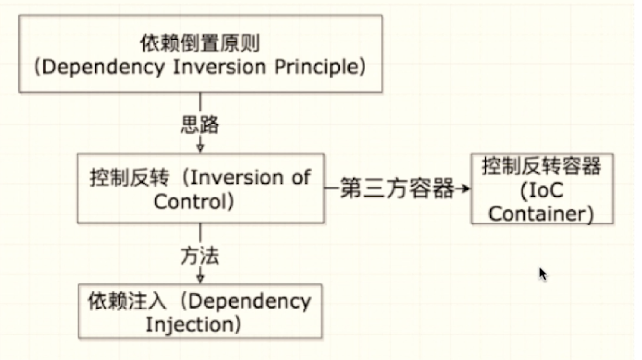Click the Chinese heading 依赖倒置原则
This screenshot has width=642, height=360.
point(200,43)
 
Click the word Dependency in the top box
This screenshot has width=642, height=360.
point(104,67)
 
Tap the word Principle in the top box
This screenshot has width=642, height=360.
point(316,67)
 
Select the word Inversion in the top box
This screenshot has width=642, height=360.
point(219,67)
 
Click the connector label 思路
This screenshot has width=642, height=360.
point(200,125)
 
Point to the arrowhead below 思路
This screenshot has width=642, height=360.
point(200,147)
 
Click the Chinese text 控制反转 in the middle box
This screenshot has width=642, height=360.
point(130,178)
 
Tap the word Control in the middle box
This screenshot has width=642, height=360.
point(191,202)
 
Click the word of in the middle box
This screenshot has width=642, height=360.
point(301,177)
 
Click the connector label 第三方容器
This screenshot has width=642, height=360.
point(397,188)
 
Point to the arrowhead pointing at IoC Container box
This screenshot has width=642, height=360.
point(466,189)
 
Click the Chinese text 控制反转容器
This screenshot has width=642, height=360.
point(541,166)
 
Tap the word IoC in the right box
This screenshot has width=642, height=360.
point(546,190)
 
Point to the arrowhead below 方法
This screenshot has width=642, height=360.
point(200,278)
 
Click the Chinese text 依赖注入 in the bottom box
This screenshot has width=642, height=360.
point(127,301)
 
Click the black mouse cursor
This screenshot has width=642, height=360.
point(543,274)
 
